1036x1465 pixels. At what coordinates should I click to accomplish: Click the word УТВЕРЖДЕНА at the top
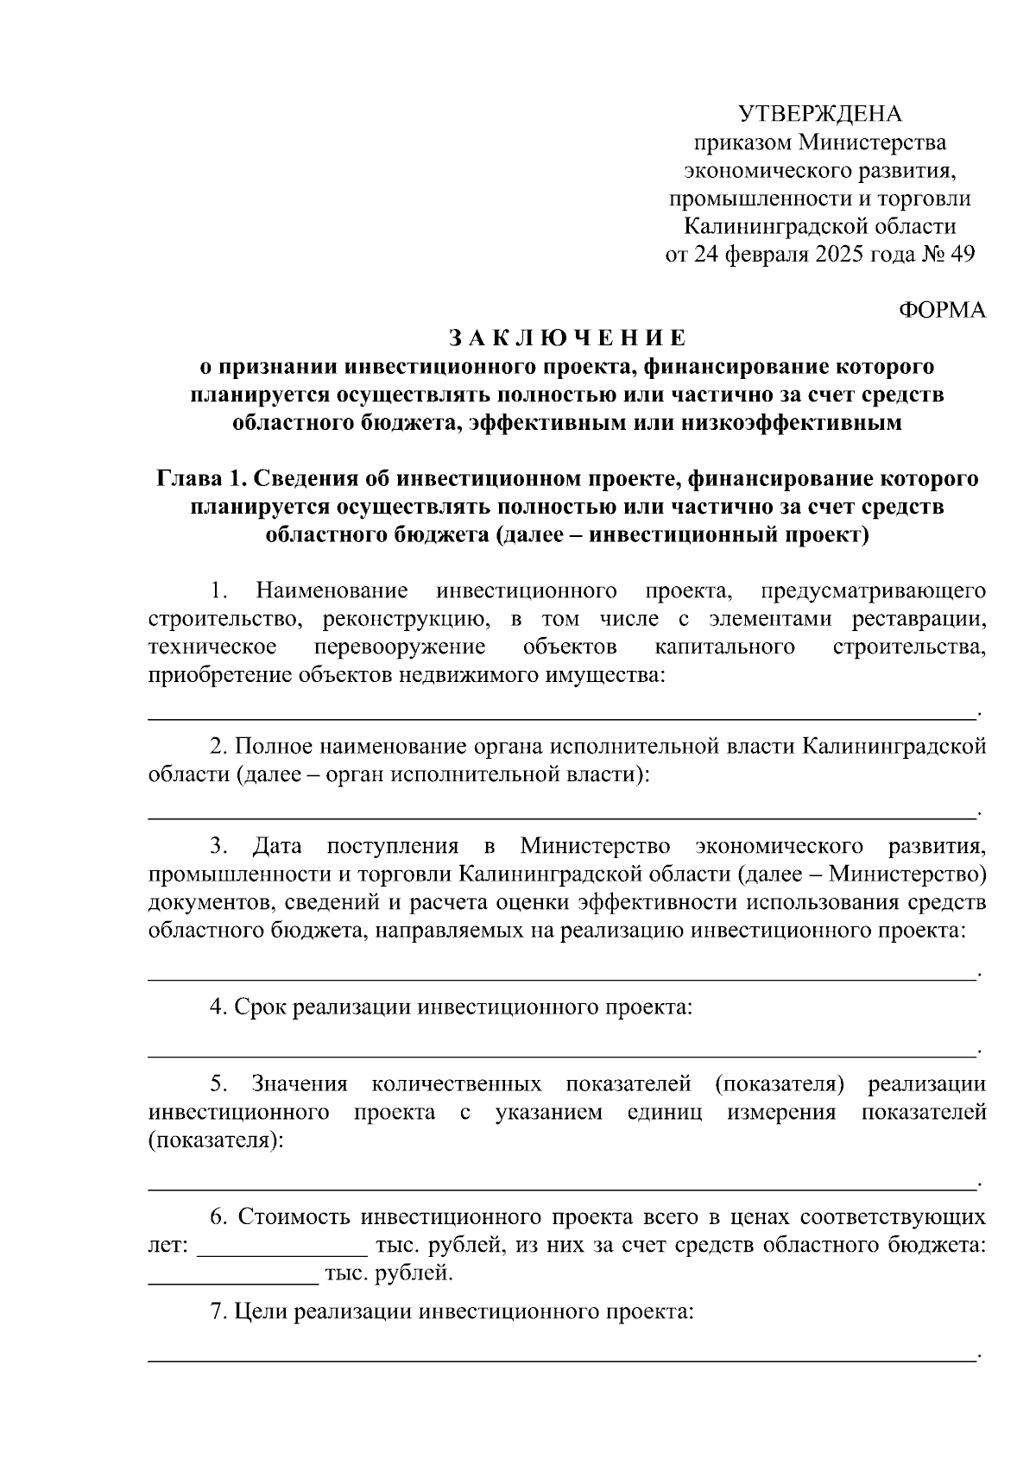(x=819, y=114)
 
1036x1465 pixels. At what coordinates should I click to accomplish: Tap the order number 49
(x=961, y=255)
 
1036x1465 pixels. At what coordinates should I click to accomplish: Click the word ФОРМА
(x=942, y=311)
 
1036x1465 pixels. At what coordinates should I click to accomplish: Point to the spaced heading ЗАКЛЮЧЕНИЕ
(x=567, y=338)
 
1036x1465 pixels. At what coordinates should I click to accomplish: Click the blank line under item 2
(x=561, y=816)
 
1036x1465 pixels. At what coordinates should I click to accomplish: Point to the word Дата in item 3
(x=276, y=845)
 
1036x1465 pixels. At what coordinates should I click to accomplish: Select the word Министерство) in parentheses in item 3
(x=906, y=874)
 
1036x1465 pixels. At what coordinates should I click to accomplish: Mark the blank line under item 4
(x=561, y=1055)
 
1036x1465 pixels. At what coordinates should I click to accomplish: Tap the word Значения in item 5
(x=299, y=1084)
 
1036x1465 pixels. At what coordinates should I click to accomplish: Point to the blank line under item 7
(x=561, y=1361)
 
